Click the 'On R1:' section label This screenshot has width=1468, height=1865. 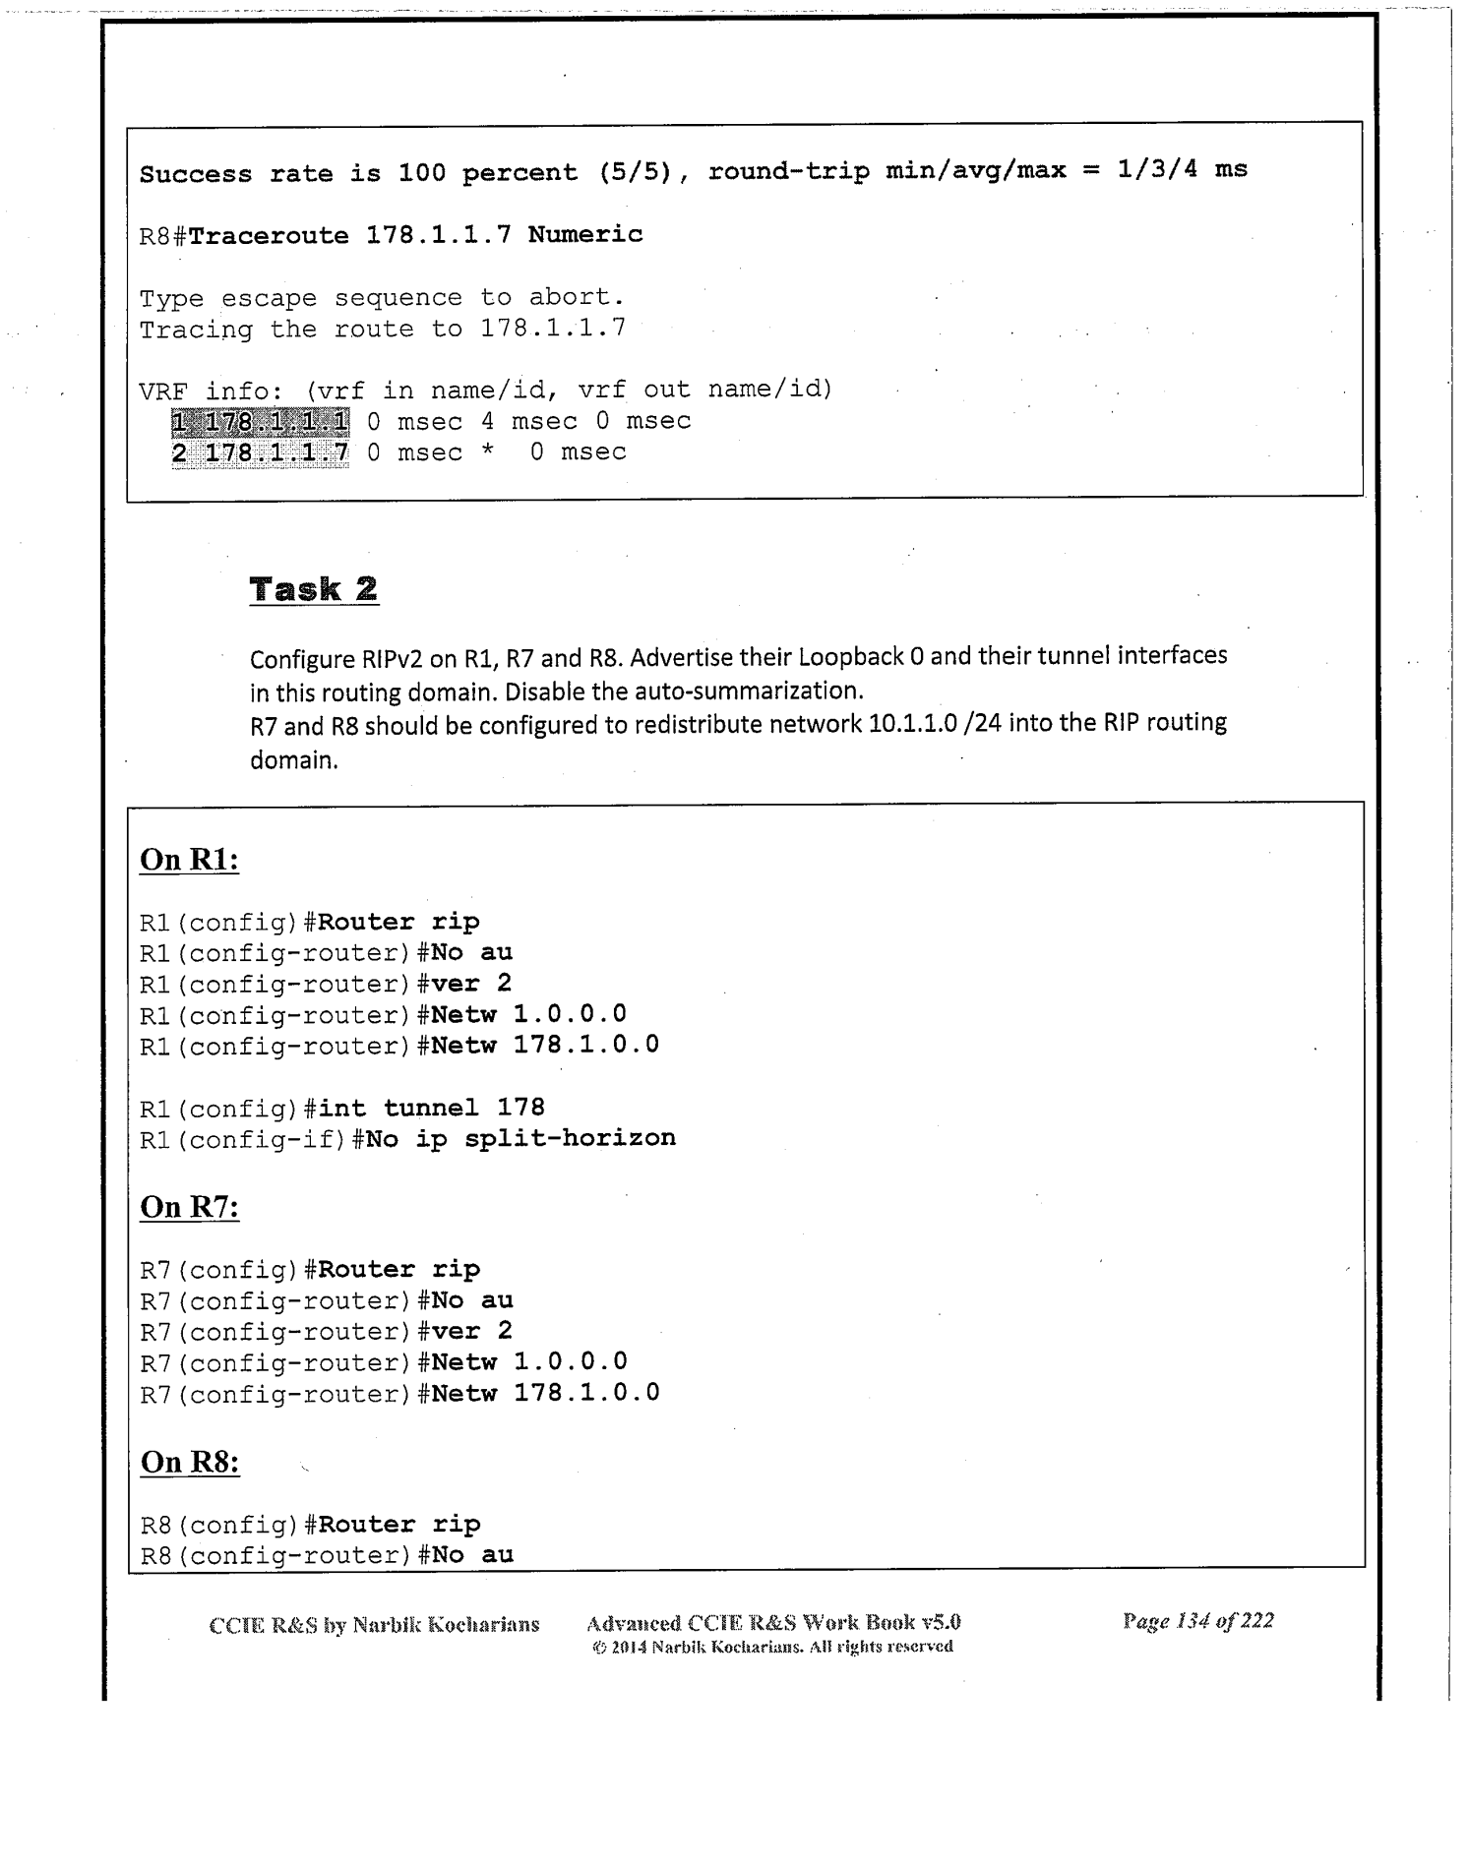coord(190,859)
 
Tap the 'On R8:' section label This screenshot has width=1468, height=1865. coord(190,1462)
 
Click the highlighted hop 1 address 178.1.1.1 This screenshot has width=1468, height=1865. coord(260,422)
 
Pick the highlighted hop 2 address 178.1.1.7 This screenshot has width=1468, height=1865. coord(260,453)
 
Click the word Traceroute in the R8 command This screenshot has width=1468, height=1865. coord(268,235)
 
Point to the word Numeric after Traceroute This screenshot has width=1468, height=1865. coord(584,234)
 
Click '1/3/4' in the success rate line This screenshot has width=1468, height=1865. coord(1157,169)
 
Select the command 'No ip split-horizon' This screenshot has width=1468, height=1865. coord(520,1138)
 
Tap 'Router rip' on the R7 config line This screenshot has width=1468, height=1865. coord(398,1269)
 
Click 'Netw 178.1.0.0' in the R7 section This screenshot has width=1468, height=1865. coord(545,1393)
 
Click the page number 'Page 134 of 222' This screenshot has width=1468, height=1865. coord(1197,1621)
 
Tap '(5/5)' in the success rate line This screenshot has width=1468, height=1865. coord(636,172)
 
